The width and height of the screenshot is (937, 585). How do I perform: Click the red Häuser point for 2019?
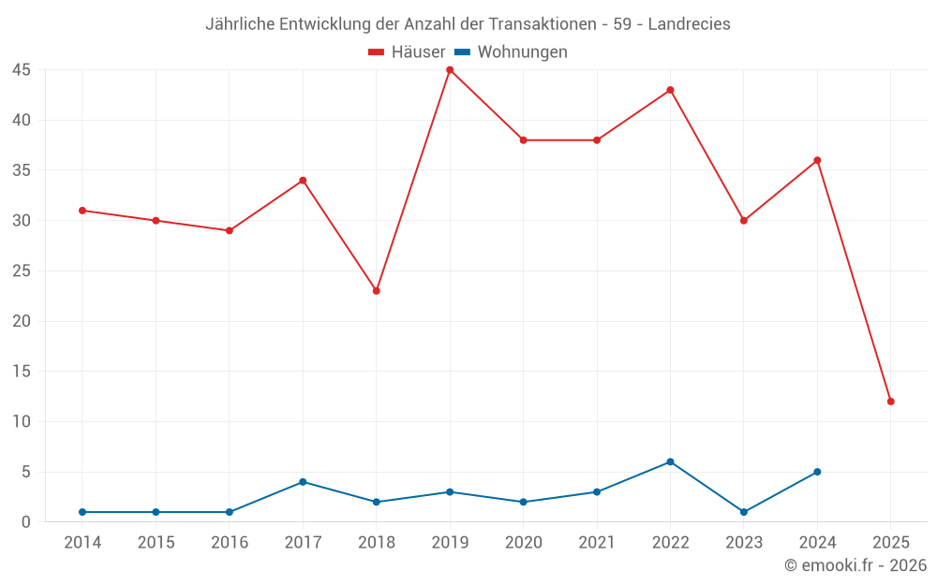pos(450,70)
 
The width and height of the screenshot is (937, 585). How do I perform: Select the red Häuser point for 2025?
pos(890,402)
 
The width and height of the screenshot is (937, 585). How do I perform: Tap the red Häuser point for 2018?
pos(377,291)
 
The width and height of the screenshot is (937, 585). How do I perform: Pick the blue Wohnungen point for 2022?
pos(670,461)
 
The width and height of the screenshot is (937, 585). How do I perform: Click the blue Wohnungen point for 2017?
pos(303,482)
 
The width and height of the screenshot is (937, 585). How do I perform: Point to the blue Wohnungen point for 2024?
pos(817,472)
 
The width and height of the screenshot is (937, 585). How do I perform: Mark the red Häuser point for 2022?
pos(670,90)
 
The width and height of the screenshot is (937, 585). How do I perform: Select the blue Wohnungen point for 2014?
pos(82,512)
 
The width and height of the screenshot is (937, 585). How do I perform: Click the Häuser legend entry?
pos(407,52)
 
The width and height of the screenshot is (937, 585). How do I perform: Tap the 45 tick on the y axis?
pos(22,70)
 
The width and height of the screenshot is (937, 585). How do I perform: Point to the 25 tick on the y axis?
pos(22,271)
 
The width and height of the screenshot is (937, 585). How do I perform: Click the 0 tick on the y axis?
pos(26,522)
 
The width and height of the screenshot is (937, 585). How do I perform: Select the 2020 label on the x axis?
pos(523,543)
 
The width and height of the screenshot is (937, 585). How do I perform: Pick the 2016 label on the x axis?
pos(230,543)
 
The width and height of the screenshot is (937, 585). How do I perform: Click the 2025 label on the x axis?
pos(890,543)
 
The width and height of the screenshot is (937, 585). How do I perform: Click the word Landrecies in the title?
pos(689,24)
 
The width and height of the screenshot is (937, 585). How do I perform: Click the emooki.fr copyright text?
pos(855,565)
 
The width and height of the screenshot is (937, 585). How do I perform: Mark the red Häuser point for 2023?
pos(744,221)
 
